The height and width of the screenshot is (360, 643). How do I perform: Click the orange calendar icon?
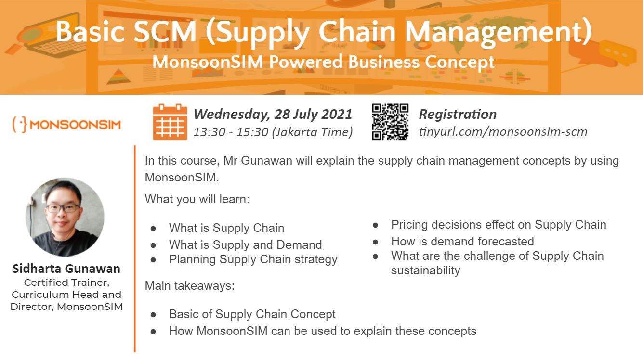tap(170, 122)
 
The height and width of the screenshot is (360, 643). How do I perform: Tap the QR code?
tap(390, 122)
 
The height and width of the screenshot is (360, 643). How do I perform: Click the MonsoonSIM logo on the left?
tap(66, 125)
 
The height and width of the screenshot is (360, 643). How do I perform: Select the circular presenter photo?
tap(65, 217)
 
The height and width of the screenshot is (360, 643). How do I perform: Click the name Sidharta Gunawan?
tap(66, 269)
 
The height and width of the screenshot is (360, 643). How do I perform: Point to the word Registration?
tap(458, 114)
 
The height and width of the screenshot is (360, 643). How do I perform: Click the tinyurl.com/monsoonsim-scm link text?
tap(503, 132)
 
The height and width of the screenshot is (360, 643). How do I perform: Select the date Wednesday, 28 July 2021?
tap(273, 114)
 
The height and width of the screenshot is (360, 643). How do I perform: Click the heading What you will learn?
tap(197, 199)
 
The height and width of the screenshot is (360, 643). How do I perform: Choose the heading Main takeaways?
tap(190, 286)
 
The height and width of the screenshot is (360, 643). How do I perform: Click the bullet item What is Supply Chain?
tap(226, 228)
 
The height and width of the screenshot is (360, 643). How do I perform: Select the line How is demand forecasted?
tap(462, 242)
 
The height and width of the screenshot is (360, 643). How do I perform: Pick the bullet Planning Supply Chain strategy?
tap(253, 259)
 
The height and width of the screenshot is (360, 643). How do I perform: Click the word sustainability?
tap(425, 270)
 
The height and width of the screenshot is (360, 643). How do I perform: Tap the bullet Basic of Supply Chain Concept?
tap(252, 314)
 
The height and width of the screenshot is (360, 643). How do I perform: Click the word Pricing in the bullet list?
tap(409, 225)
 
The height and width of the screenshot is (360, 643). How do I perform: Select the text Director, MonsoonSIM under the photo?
tap(66, 307)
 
